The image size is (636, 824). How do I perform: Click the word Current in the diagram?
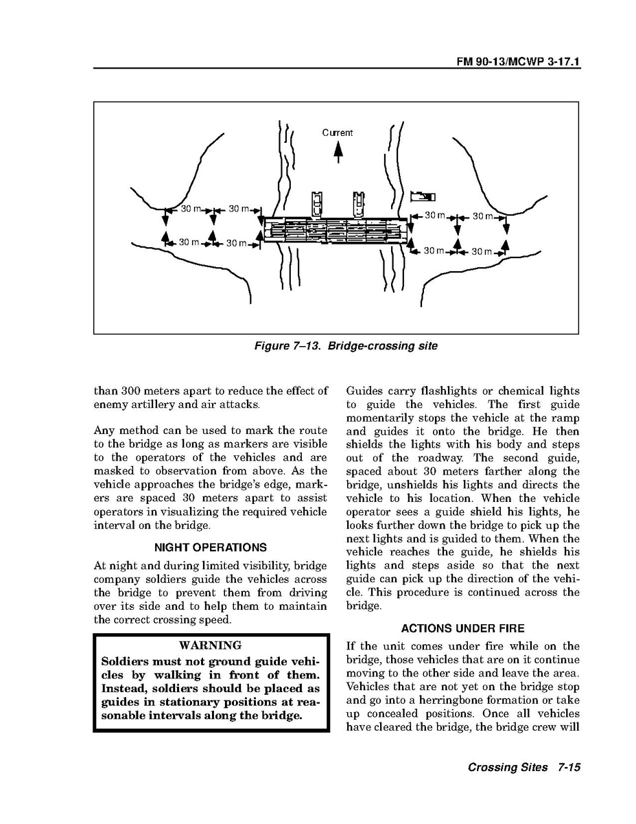[338, 133]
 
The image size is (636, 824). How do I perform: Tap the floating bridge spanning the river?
[335, 230]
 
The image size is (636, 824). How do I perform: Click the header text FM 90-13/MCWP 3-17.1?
[519, 61]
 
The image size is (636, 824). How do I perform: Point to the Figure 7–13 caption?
[345, 346]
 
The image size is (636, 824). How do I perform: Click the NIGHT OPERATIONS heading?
[211, 548]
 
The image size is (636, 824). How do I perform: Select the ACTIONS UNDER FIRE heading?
[463, 628]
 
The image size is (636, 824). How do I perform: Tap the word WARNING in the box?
[210, 645]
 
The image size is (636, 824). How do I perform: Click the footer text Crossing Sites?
[507, 768]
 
